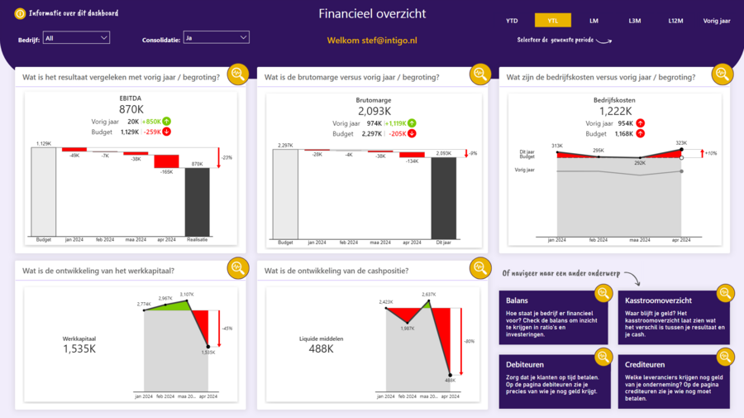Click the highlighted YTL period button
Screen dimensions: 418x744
[552, 21]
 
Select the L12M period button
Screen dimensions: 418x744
[675, 21]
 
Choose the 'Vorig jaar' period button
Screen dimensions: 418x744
[717, 21]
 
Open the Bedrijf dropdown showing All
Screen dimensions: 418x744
[76, 37]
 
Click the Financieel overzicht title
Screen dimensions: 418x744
[372, 14]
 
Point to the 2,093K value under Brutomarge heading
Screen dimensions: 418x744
[374, 111]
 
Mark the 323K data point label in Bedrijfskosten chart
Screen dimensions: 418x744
[680, 142]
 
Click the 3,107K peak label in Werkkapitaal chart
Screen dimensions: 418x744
[186, 294]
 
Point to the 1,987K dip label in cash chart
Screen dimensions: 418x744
[408, 328]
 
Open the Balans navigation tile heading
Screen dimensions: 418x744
[517, 300]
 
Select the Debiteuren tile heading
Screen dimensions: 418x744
[526, 364]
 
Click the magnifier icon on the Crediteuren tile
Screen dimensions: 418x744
[725, 357]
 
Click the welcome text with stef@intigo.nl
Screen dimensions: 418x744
[371, 40]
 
